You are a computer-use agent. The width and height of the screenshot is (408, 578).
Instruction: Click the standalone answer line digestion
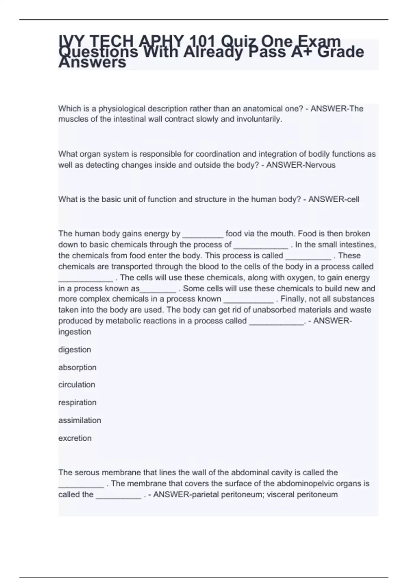74,350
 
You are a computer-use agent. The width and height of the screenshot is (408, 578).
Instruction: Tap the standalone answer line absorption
77,367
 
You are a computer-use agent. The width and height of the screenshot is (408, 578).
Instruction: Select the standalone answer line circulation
76,385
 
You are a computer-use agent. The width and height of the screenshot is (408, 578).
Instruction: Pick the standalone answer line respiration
77,402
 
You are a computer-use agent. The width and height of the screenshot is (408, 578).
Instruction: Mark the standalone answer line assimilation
80,420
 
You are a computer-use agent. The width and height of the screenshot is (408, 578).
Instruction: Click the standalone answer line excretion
75,438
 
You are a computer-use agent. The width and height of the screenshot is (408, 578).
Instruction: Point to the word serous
87,472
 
